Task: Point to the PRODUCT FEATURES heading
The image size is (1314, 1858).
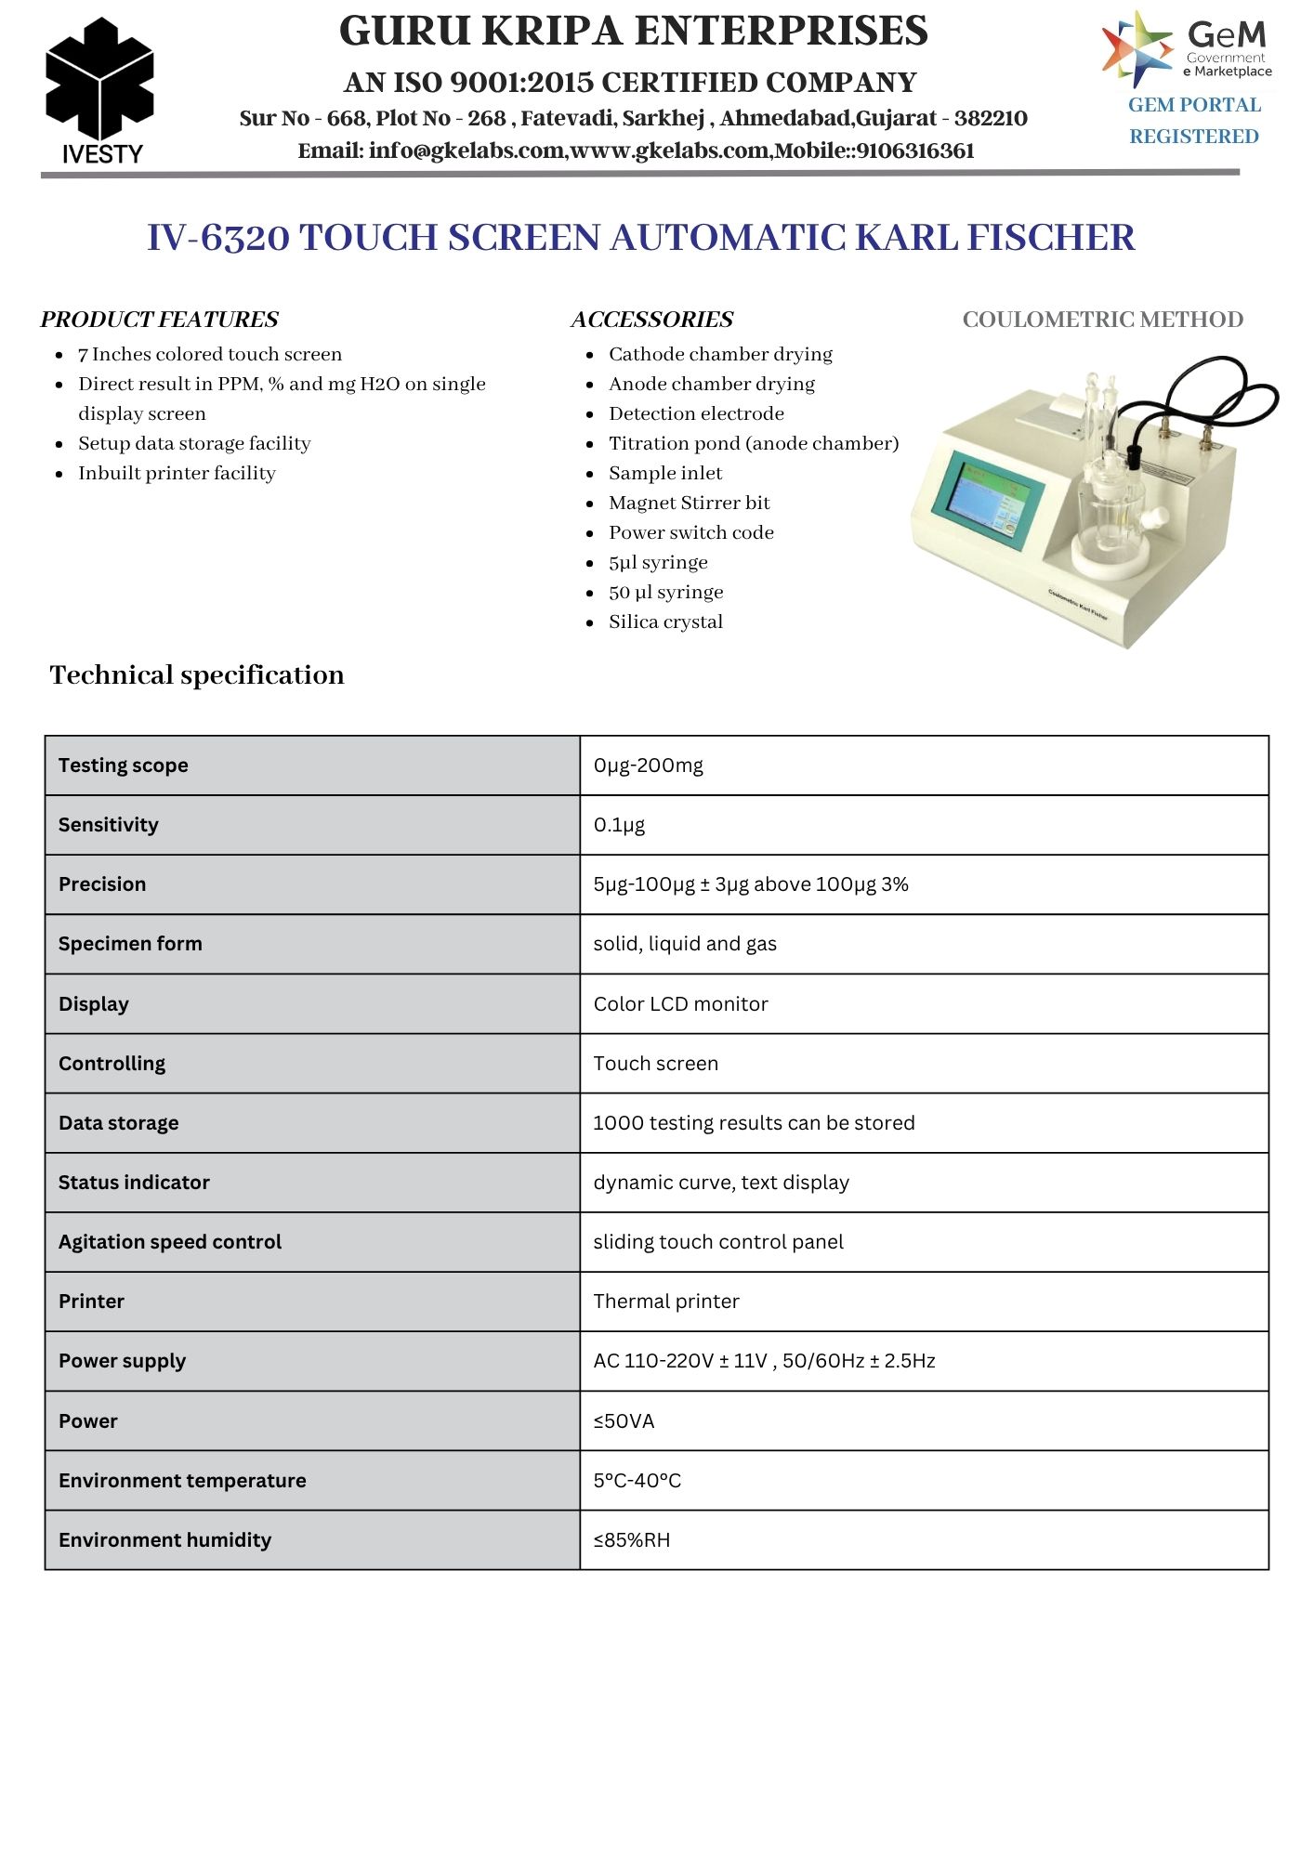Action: click(159, 320)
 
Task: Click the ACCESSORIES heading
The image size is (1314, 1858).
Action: click(651, 320)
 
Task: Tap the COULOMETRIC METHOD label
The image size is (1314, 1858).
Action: click(1102, 320)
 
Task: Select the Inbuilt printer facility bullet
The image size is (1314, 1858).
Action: click(177, 473)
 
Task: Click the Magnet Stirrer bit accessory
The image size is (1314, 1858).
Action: click(689, 503)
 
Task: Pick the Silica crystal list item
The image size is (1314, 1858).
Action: click(665, 622)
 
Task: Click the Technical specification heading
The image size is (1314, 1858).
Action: click(197, 674)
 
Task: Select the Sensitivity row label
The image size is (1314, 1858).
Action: click(109, 825)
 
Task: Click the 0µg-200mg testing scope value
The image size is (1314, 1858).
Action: click(649, 765)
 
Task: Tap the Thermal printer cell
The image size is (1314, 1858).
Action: click(666, 1302)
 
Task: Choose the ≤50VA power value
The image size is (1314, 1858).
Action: click(624, 1421)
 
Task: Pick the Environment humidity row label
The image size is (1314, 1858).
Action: click(164, 1540)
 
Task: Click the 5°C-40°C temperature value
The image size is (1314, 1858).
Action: click(637, 1481)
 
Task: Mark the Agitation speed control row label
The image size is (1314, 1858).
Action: click(170, 1242)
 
